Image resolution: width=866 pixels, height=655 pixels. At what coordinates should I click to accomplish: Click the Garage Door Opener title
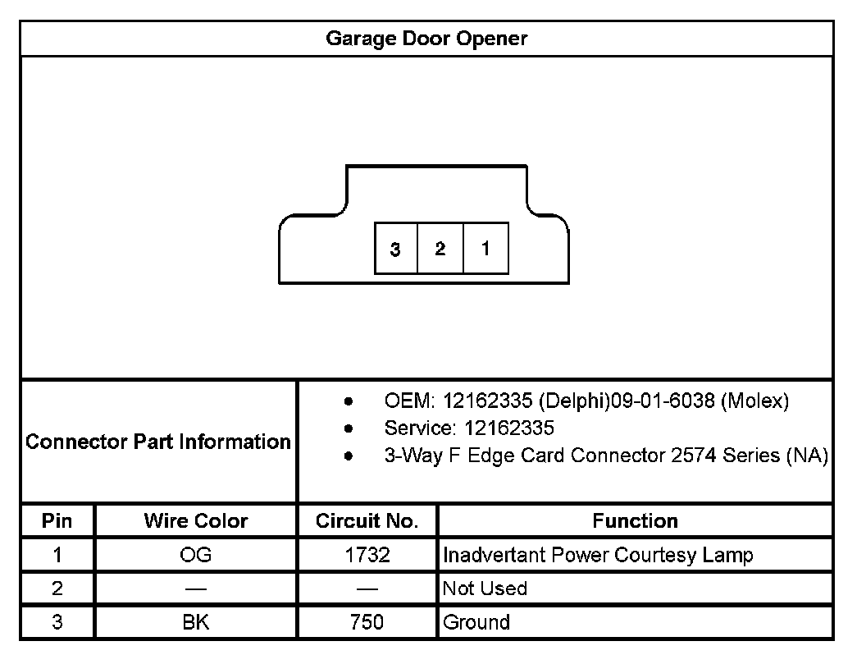426,39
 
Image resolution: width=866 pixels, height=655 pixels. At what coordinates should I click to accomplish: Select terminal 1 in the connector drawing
485,248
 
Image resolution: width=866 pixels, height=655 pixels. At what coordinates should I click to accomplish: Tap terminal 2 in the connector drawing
440,248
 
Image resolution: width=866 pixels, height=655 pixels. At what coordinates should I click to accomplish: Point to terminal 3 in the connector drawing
395,249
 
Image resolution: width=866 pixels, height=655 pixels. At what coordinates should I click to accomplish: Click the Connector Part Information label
158,442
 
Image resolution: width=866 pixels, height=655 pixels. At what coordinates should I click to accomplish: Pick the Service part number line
469,428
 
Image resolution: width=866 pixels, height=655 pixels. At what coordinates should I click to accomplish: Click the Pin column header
57,520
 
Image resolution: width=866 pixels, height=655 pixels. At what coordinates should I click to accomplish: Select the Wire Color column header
195,520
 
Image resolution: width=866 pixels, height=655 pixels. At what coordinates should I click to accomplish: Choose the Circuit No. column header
367,520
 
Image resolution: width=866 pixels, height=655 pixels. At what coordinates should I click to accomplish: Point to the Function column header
635,520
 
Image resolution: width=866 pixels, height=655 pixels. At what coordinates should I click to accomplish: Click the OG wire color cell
195,555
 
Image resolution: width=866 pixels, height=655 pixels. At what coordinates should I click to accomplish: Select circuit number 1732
367,555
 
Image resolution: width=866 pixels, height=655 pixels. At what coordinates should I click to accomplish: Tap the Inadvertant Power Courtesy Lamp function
598,555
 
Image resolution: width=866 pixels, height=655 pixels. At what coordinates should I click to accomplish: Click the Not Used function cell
485,589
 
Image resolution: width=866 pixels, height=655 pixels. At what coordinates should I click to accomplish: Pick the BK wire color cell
195,622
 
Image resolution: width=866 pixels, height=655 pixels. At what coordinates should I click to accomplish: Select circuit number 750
367,622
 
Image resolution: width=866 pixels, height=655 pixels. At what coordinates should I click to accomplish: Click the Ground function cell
476,622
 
